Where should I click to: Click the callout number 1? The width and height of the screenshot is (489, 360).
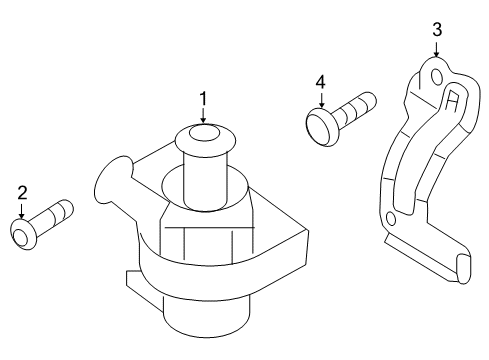[x=203, y=99]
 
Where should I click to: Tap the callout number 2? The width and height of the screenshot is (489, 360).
[x=22, y=193]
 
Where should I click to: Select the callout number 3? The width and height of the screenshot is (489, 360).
[x=437, y=29]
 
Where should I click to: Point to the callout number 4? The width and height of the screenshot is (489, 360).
[x=320, y=82]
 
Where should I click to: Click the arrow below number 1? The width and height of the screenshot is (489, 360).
[x=203, y=115]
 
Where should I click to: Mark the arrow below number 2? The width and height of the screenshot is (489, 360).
[x=22, y=211]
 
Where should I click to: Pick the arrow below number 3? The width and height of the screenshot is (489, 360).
[x=436, y=48]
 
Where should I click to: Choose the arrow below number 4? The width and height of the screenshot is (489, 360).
[x=321, y=100]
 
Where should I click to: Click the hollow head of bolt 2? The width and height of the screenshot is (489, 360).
[x=22, y=234]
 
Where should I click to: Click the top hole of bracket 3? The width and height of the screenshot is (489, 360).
[x=437, y=76]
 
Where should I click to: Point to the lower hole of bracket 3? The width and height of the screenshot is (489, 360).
[x=391, y=219]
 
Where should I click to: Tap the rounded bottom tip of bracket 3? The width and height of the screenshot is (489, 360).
[x=463, y=269]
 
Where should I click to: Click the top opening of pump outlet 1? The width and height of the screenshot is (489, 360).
[x=204, y=134]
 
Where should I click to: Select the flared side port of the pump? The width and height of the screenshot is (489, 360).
[x=113, y=180]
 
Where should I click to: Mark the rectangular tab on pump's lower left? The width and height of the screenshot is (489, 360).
[x=142, y=287]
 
